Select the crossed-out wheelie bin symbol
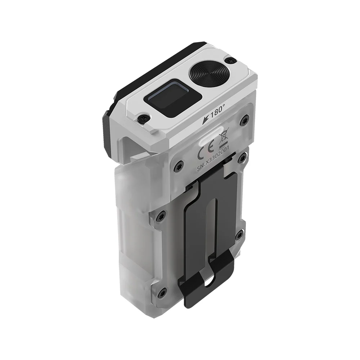(x=224, y=136)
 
